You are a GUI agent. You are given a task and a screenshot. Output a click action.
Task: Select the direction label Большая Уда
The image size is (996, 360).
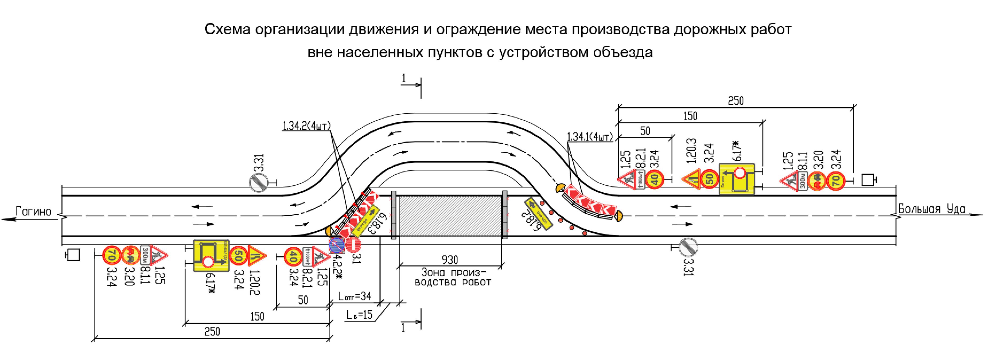(932, 209)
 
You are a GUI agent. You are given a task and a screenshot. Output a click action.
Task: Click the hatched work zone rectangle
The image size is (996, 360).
(450, 216)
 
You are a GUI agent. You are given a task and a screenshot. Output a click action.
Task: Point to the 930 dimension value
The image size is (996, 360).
(450, 260)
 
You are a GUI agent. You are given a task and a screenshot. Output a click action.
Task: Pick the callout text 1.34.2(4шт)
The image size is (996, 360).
(307, 126)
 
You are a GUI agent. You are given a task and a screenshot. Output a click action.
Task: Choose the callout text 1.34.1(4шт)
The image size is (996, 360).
(590, 137)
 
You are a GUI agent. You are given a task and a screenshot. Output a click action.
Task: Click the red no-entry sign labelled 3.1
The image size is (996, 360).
(353, 244)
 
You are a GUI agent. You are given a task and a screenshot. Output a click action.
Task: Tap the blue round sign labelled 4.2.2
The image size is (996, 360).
(336, 245)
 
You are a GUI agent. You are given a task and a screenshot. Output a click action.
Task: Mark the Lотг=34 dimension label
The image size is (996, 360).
(355, 296)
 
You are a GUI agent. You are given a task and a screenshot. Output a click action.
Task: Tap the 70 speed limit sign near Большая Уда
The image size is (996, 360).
(836, 181)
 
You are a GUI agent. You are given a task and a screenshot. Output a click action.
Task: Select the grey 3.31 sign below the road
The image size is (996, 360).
(688, 247)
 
